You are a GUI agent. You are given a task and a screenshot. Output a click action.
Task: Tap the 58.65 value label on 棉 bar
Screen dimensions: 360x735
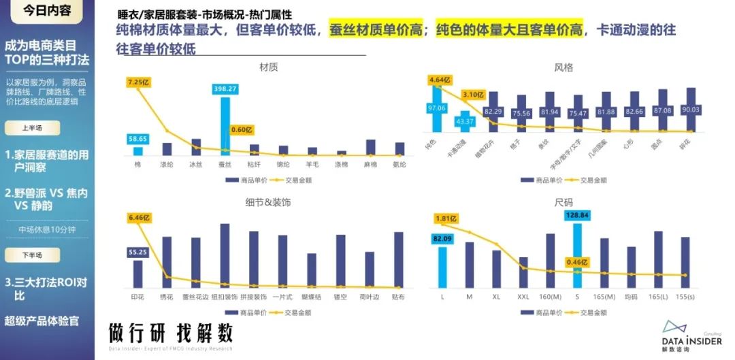(138, 139)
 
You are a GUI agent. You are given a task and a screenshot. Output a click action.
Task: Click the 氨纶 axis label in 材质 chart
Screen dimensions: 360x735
(399, 164)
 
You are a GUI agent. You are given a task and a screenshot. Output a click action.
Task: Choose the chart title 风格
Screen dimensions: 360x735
(563, 67)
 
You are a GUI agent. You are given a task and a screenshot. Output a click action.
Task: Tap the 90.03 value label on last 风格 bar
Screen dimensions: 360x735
(691, 110)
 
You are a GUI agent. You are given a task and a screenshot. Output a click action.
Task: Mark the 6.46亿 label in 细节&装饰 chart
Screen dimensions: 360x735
(139, 218)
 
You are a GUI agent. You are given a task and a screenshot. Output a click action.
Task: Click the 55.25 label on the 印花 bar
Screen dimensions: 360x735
(138, 252)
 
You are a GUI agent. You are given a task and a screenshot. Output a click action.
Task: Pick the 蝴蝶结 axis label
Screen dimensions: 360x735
(311, 297)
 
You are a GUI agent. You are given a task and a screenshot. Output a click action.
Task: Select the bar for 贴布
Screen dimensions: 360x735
(398, 259)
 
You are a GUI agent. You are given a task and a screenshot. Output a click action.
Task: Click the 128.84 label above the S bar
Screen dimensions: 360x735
(577, 215)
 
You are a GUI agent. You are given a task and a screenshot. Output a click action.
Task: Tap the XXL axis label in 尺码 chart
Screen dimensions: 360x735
(523, 297)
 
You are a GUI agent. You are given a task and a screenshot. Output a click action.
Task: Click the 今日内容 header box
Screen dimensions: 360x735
(47, 11)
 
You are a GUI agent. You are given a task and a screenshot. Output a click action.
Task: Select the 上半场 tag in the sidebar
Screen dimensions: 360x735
(33, 128)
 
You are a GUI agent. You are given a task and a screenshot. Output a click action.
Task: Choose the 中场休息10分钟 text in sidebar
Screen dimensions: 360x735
(47, 229)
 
